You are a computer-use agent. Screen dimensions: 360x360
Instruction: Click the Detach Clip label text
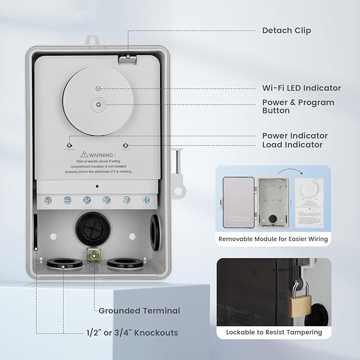286,30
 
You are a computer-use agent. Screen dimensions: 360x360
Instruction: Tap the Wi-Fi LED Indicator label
301,88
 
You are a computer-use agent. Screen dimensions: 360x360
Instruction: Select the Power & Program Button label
298,106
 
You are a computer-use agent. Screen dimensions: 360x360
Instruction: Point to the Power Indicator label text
295,136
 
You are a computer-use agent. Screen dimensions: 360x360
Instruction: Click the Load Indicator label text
292,145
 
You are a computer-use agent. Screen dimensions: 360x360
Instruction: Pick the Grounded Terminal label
139,311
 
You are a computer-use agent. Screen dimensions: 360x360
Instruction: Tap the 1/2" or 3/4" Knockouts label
132,333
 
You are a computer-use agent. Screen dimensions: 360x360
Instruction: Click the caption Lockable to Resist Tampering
274,332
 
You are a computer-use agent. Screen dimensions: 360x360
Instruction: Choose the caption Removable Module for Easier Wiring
273,239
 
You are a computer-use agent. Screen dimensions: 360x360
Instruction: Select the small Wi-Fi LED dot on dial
98,88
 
